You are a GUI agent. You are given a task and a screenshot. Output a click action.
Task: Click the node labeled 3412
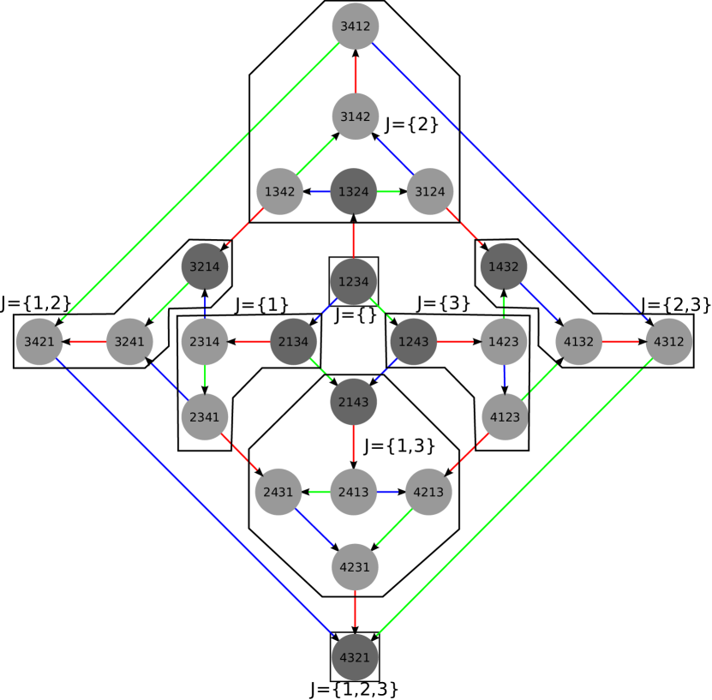[x=355, y=26]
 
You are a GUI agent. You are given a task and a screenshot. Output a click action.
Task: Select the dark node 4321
[x=355, y=657]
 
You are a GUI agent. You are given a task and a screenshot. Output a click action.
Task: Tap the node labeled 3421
[x=39, y=342]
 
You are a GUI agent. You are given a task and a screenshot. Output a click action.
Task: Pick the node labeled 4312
[x=668, y=342]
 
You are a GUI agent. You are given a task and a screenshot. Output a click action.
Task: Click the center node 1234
[x=353, y=281]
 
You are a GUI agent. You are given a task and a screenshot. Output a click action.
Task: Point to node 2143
[x=353, y=402]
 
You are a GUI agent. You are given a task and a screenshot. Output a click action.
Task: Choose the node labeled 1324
[x=353, y=191]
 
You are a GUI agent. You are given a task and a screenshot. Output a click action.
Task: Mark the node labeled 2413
[x=353, y=493]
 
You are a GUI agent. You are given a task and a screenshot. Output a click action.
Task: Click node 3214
[x=204, y=266]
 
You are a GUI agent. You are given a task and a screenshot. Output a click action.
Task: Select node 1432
[x=503, y=266]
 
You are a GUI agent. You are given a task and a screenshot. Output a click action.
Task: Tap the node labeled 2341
[x=204, y=417]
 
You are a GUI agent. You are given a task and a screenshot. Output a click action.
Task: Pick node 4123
[x=505, y=417]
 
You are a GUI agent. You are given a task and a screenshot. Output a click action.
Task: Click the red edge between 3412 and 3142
[x=355, y=71]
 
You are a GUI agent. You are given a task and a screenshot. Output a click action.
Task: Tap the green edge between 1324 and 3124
[x=392, y=191]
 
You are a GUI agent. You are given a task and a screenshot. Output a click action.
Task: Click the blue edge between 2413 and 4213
[x=391, y=493]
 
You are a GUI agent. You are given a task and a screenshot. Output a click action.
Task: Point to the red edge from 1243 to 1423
[x=458, y=342]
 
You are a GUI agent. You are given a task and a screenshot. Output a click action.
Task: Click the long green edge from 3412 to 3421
[x=197, y=183]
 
